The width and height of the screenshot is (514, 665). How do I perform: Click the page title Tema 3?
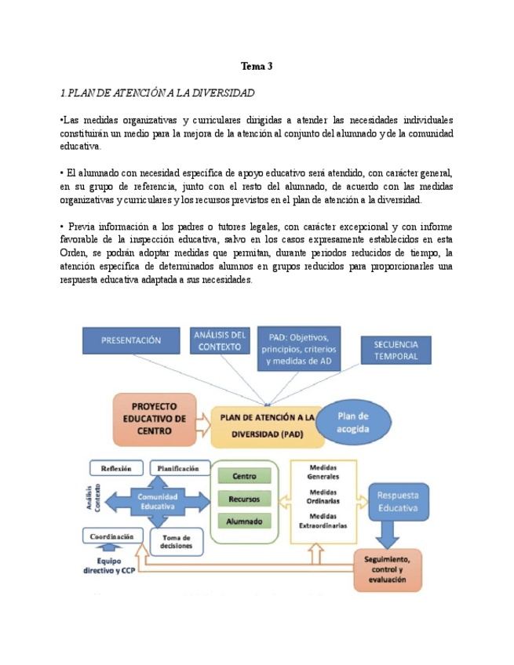257,67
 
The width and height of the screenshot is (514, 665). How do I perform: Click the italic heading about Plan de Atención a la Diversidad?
158,93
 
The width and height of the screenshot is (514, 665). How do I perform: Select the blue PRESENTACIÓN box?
131,340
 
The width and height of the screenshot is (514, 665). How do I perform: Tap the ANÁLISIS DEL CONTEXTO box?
221,341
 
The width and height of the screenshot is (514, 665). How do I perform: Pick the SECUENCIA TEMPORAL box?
396,350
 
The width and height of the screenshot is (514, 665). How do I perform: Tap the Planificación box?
179,468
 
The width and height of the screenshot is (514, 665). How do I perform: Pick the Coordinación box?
111,536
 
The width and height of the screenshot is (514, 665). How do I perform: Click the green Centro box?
245,476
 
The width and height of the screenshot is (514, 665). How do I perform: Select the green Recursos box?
245,499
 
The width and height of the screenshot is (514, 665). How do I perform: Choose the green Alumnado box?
245,521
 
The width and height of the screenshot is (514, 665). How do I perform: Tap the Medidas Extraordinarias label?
323,521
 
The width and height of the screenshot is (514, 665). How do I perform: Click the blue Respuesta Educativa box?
398,502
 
